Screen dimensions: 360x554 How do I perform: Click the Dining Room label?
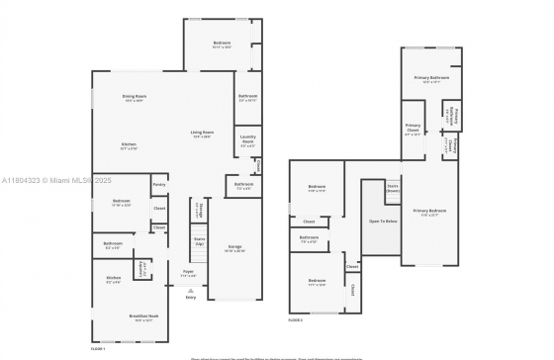click(x=134, y=96)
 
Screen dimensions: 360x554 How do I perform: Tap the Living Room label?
click(x=203, y=132)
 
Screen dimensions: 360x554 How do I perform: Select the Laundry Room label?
click(x=247, y=141)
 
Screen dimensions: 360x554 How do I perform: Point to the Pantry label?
click(x=158, y=185)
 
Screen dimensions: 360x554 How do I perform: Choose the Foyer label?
click(x=188, y=270)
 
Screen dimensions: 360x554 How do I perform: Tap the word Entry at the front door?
click(x=190, y=297)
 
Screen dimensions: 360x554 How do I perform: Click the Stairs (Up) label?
click(x=199, y=239)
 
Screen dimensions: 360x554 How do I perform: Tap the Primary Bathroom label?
click(x=430, y=77)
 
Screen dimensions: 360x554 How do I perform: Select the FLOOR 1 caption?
click(x=98, y=349)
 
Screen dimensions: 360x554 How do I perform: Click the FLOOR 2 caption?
click(x=296, y=319)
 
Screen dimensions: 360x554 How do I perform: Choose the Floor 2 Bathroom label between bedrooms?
click(x=309, y=237)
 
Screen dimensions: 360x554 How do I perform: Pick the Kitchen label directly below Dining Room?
click(x=129, y=144)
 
